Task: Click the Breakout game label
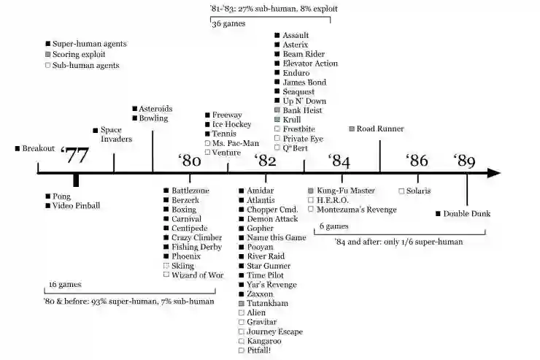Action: pyautogui.click(x=38, y=148)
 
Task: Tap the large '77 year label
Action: pyautogui.click(x=75, y=154)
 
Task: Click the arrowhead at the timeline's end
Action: pyautogui.click(x=494, y=173)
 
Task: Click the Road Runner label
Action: pyautogui.click(x=380, y=129)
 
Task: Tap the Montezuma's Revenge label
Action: pyautogui.click(x=357, y=210)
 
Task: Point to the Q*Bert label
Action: pyautogui.click(x=299, y=148)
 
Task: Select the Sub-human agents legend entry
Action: pyautogui.click(x=85, y=66)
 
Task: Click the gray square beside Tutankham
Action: pyautogui.click(x=242, y=303)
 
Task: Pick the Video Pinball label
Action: pyautogui.click(x=76, y=206)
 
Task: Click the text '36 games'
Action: pyautogui.click(x=228, y=24)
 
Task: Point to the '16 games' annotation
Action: pyautogui.click(x=64, y=284)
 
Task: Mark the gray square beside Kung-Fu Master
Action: pyautogui.click(x=311, y=191)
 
